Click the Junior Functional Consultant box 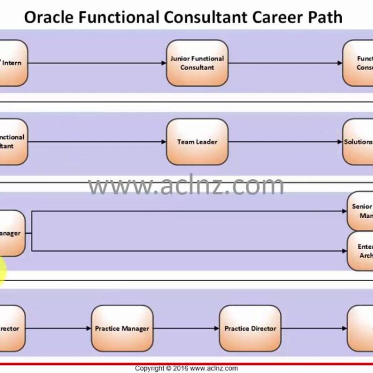tap(197, 63)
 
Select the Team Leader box tap(197, 142)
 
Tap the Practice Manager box tap(122, 328)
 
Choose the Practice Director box tap(250, 328)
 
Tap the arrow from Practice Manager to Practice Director tap(186, 328)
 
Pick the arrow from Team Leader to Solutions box tap(285, 142)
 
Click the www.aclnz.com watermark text tap(186, 185)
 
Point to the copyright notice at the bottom tap(186, 368)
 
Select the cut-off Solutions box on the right tap(358, 142)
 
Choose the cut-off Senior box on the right tap(360, 211)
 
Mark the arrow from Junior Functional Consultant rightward tap(285, 63)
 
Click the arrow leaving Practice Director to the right tap(314, 328)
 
